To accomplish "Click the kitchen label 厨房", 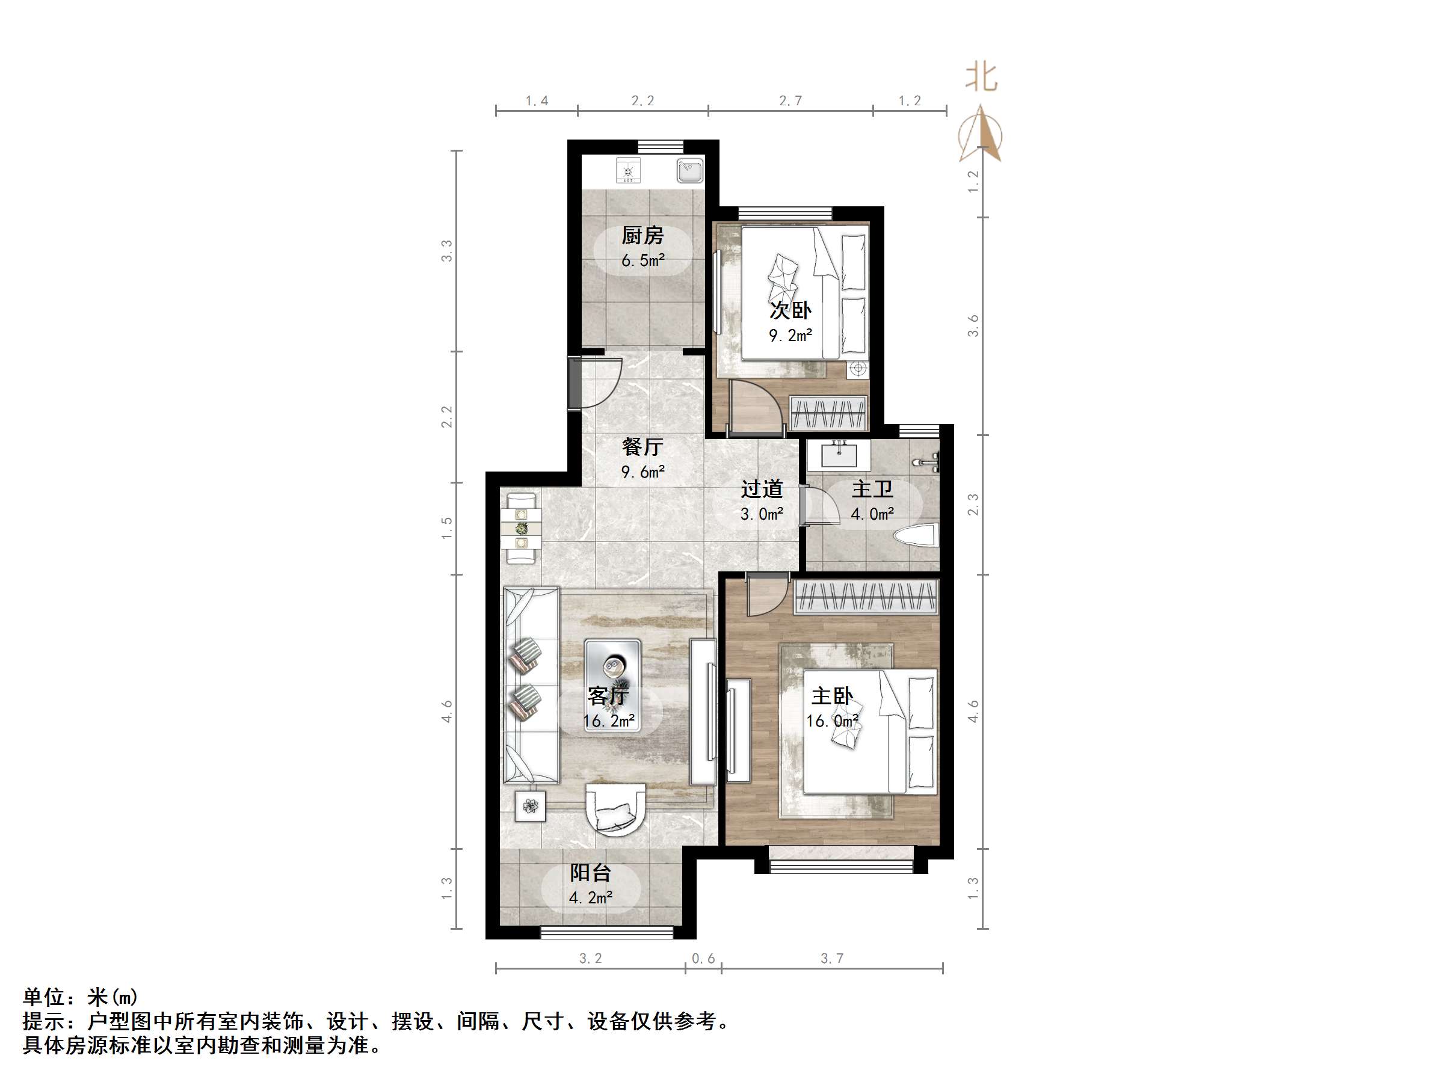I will point(642,235).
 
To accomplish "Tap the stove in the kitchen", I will point(628,171).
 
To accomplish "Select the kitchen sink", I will point(689,171).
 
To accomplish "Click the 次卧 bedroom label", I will point(790,310).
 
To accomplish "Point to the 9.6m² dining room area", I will point(642,472).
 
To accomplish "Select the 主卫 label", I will point(872,489).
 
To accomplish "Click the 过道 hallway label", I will point(761,489).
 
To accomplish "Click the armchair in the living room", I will point(615,808).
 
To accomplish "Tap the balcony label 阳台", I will point(590,873).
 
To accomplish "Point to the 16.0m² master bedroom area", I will point(832,721).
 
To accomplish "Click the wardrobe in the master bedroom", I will point(865,597).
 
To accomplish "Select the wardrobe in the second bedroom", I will point(828,413).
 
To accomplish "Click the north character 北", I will point(981,78).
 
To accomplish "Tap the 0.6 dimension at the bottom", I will point(703,958).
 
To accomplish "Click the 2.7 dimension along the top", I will point(790,101).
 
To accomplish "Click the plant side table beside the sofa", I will point(531,807).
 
